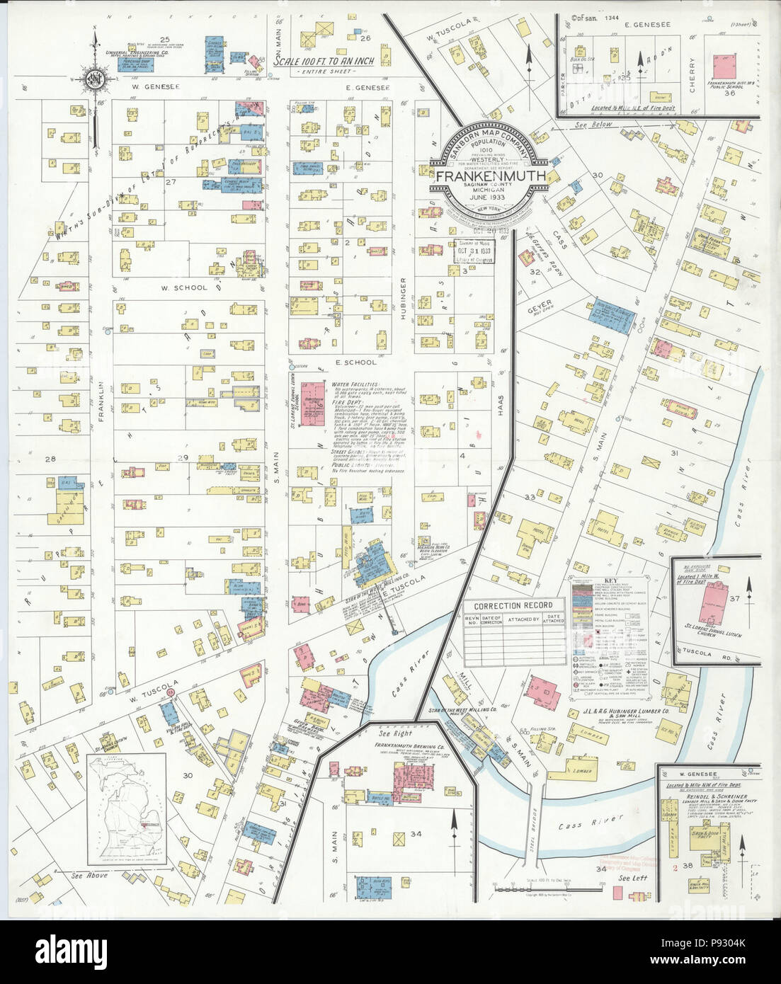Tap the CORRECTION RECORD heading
pyautogui.click(x=513, y=605)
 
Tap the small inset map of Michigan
pyautogui.click(x=127, y=810)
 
